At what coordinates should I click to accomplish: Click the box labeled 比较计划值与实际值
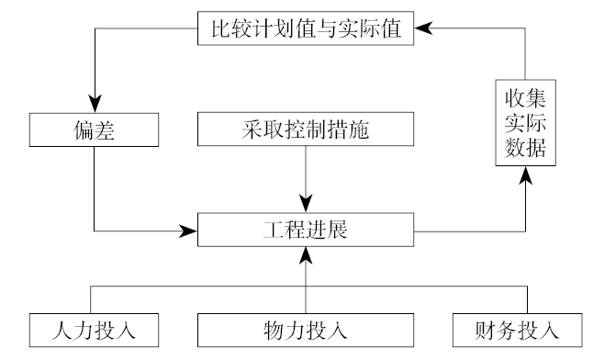coord(307,28)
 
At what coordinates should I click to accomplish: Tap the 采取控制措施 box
coord(307,129)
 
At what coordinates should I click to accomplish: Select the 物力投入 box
coord(307,329)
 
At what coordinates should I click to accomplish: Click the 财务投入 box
coord(519,329)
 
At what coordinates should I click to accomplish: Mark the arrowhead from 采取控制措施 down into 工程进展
coord(307,204)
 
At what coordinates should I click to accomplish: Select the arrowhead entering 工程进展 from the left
coord(191,229)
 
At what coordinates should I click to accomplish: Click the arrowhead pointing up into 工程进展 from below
coord(307,253)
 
